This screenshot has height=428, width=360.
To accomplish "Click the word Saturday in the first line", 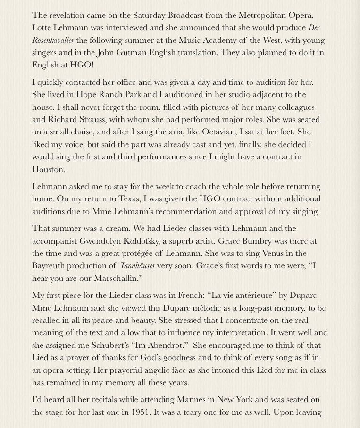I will (150, 16).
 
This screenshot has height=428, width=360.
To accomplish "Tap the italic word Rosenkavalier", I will (53, 41).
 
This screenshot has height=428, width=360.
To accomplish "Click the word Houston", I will (48, 169).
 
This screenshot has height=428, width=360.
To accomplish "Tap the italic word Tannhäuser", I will (137, 266).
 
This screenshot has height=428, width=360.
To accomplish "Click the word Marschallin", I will (117, 279).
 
